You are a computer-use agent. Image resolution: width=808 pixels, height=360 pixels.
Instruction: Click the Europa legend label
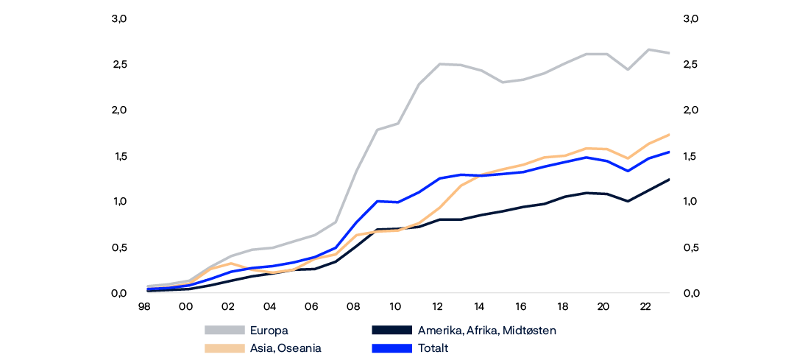point(269,331)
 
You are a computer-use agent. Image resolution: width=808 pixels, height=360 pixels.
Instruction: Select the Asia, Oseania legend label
point(286,348)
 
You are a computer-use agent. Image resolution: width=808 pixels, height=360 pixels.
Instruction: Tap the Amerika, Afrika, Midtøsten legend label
point(486,331)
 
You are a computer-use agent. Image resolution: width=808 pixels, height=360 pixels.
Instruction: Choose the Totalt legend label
point(433,348)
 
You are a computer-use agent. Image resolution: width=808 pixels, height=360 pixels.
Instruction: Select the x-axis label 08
point(352,306)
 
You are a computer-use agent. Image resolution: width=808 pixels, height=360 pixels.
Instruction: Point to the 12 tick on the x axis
point(436,306)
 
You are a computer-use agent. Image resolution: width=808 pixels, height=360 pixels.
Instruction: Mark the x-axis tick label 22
point(645,306)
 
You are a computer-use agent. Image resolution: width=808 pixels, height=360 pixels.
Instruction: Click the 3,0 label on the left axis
point(120,18)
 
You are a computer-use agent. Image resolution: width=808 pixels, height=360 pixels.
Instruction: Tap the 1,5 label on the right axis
point(690,156)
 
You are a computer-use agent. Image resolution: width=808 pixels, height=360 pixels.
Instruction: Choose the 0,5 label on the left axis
point(120,248)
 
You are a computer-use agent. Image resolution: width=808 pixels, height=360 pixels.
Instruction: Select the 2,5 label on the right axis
point(690,64)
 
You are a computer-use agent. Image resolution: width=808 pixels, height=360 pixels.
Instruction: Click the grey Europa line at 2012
point(439,64)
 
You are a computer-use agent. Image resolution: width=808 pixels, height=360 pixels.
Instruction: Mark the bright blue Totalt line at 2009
point(377,201)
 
